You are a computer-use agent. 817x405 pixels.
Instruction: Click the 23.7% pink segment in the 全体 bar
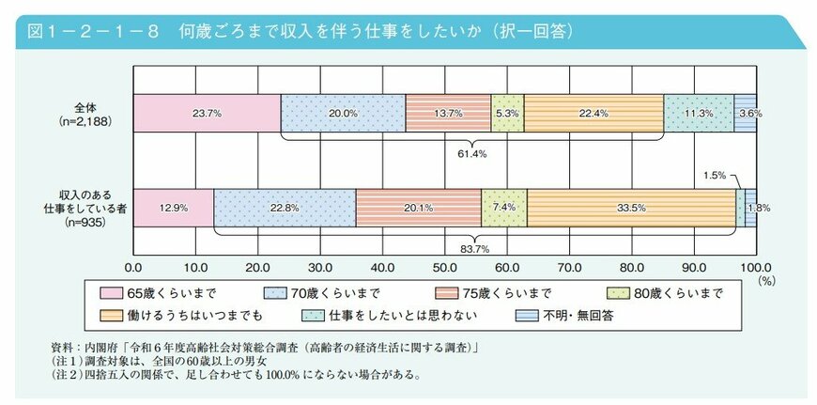[x=207, y=113]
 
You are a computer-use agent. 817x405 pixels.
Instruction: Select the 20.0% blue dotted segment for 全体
[x=343, y=113]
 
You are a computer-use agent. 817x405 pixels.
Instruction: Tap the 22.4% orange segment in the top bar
[x=593, y=113]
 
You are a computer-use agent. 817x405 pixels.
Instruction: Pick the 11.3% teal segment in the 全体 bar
[x=698, y=113]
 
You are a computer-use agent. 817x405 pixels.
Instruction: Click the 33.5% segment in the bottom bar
[x=631, y=208]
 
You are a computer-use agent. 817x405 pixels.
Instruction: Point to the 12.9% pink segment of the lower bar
[x=173, y=208]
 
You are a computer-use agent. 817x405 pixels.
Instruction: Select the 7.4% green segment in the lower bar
[x=503, y=208]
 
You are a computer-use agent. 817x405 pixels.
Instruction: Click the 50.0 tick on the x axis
[x=444, y=266]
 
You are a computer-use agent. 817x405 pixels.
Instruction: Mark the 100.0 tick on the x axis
[x=755, y=266]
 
